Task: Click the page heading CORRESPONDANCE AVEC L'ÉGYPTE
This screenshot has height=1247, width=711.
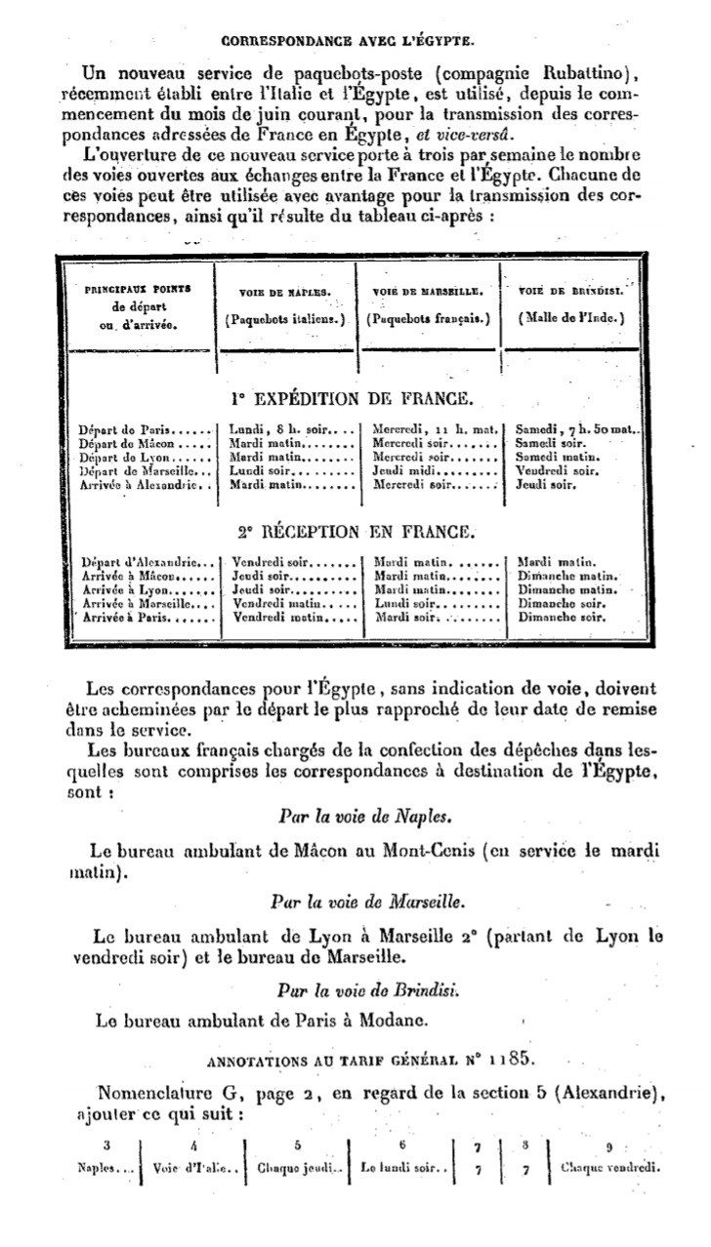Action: [x=349, y=41]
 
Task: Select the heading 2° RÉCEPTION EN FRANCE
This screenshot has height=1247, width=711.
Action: [x=355, y=532]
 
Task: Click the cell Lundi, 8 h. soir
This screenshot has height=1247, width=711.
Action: [x=283, y=428]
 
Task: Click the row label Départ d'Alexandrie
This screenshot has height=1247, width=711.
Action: [x=143, y=562]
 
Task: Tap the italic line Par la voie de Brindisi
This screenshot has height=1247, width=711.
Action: [x=354, y=988]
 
